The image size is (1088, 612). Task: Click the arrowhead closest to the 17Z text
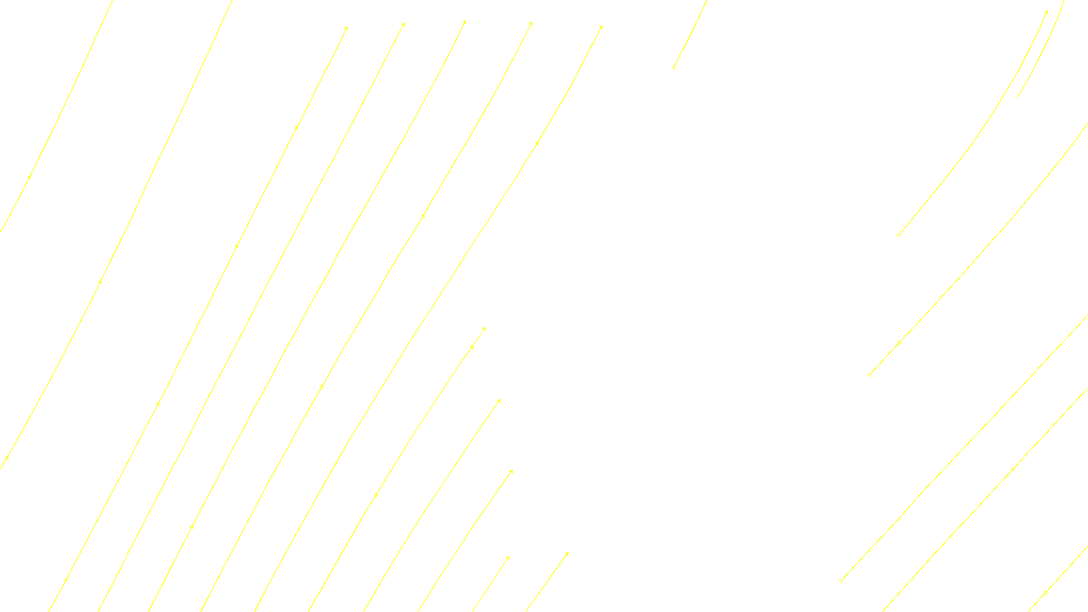508,558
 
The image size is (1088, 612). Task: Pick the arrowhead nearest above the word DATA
566,554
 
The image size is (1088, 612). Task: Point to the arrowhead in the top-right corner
1046,12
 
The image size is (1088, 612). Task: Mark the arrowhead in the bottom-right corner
1045,593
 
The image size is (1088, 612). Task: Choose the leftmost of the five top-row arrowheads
346,29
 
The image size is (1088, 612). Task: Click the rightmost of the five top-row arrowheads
601,27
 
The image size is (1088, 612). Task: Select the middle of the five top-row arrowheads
464,22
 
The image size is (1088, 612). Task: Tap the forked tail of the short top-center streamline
673,67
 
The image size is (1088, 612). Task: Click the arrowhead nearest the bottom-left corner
66,580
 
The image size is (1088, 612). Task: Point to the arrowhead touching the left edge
6,458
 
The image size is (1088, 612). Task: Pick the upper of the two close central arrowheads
484,328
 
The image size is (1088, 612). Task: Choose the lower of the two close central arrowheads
471,347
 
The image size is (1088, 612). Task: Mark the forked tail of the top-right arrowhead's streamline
899,235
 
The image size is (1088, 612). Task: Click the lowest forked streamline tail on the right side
841,581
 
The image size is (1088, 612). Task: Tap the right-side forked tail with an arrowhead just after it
870,374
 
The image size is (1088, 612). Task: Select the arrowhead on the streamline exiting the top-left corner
30,177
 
